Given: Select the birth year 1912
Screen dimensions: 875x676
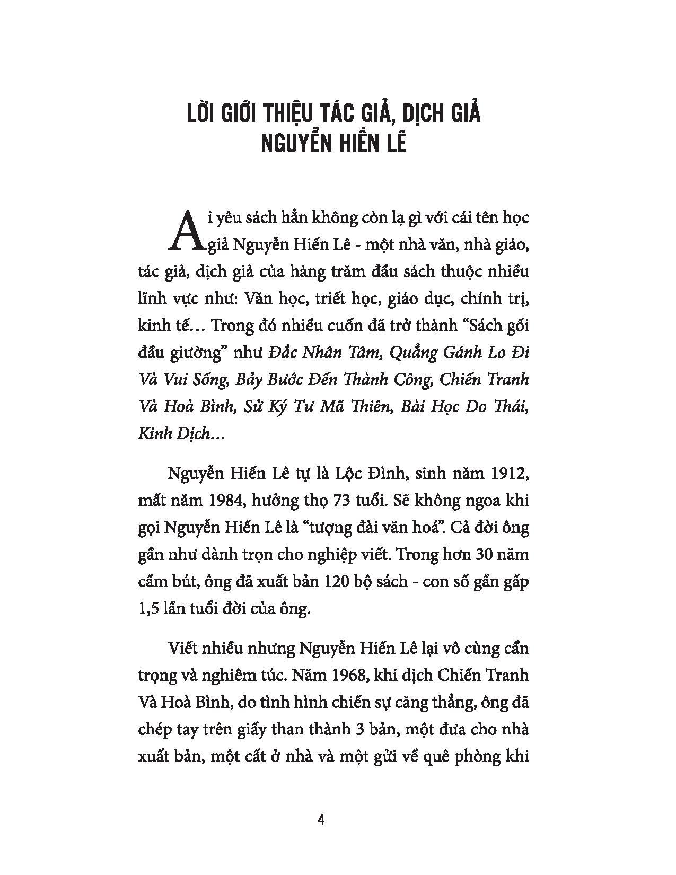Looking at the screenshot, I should (x=511, y=472).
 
